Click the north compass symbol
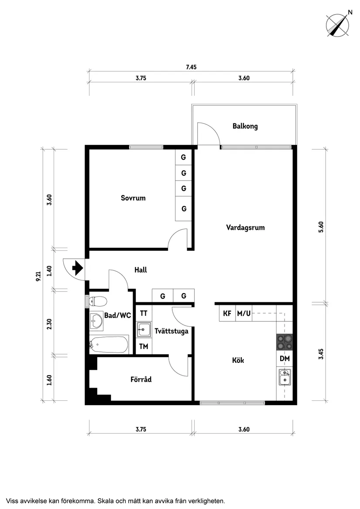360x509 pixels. tap(339, 25)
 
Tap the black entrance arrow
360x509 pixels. tap(78, 268)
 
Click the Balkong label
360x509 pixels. tap(245, 126)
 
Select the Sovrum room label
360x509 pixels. tap(133, 198)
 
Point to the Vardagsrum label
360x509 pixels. tap(245, 227)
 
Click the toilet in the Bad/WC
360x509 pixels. tap(98, 301)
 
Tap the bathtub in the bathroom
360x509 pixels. tap(109, 345)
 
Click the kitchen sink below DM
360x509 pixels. tap(285, 377)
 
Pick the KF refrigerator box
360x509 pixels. tap(227, 313)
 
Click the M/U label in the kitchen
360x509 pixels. tap(243, 313)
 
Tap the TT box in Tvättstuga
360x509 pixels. tap(143, 313)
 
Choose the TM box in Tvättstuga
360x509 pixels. tap(143, 347)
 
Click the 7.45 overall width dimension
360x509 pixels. tap(191, 67)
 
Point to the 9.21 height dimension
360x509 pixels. tap(38, 277)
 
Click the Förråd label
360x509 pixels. tap(141, 379)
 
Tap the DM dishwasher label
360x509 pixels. tap(285, 359)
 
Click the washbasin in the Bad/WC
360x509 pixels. tap(96, 321)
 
